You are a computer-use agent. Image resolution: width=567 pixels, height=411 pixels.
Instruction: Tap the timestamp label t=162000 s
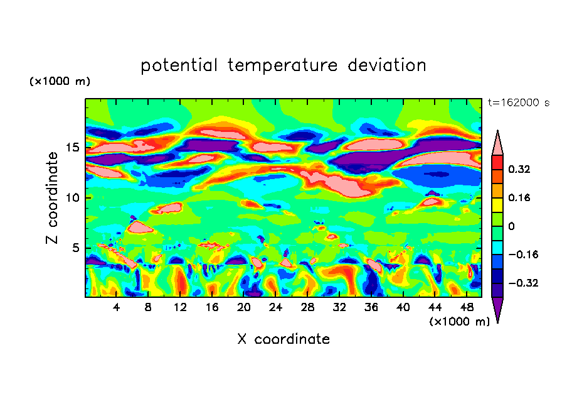click(518, 103)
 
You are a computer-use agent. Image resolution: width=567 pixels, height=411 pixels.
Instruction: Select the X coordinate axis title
click(283, 339)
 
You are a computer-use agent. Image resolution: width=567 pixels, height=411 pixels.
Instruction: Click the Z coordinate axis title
click(53, 198)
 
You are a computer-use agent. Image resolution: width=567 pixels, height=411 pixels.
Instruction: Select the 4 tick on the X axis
click(117, 307)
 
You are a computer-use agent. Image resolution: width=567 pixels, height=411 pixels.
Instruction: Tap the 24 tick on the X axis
click(276, 307)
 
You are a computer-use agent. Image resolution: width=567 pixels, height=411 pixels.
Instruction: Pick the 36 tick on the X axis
click(371, 307)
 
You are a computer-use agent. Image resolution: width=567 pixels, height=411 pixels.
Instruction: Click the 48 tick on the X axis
click(467, 307)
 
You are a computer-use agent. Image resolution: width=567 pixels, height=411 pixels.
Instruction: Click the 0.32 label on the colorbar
click(519, 169)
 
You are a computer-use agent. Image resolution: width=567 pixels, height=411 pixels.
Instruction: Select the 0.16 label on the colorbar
click(519, 197)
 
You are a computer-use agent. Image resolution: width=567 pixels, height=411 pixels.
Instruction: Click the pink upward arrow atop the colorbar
click(497, 143)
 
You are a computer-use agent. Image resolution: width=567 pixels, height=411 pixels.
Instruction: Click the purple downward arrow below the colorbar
click(497, 309)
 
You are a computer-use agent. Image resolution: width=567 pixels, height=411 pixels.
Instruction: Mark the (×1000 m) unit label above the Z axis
click(60, 82)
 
